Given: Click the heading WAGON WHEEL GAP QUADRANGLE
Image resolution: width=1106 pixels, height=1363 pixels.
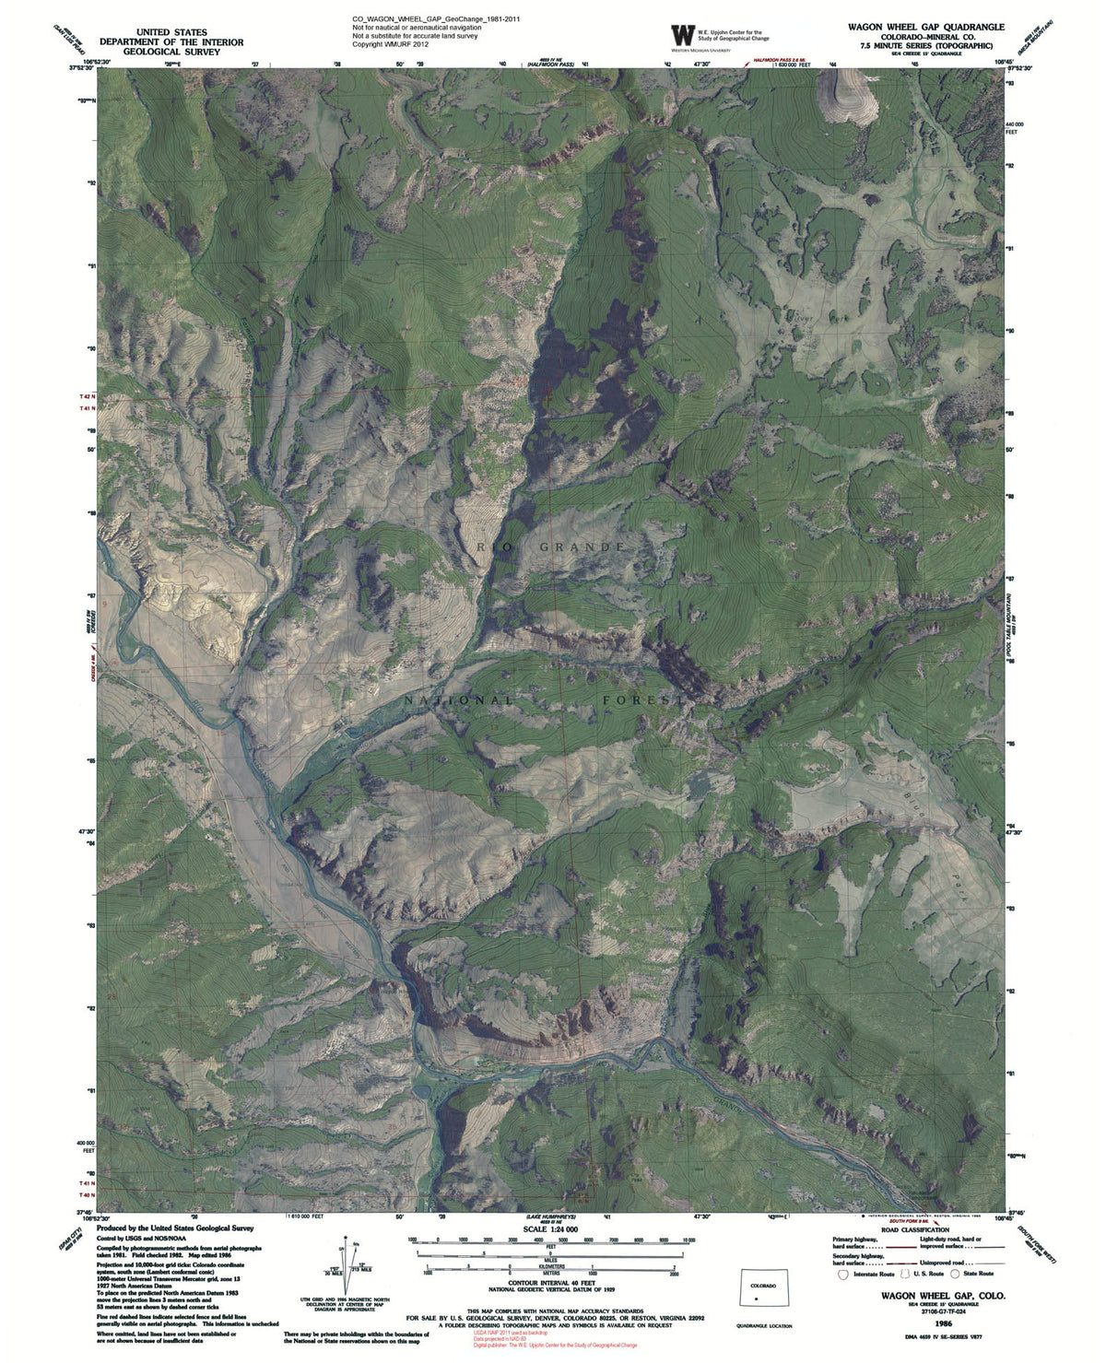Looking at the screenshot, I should coord(926,27).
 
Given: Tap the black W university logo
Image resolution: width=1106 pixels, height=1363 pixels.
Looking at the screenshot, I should coord(682,35).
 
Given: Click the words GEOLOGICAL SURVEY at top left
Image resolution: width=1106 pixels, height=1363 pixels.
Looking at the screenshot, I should coord(171,53).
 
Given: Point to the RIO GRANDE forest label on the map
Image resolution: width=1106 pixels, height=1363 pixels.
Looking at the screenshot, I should coord(552,546).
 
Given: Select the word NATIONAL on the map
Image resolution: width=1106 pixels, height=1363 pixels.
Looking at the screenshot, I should coord(458,700).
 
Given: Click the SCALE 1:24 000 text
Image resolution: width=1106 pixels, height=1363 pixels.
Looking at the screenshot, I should coord(549,1229).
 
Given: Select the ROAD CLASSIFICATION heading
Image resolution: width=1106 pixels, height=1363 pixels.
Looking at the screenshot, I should coord(914,1230).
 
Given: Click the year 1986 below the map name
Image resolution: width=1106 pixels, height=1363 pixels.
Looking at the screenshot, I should coord(941,1321).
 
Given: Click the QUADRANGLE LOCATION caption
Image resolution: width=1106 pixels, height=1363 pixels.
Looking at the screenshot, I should coord(764,1326).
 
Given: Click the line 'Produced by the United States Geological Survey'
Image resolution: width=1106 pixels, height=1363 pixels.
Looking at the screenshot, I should coord(175,1228).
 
